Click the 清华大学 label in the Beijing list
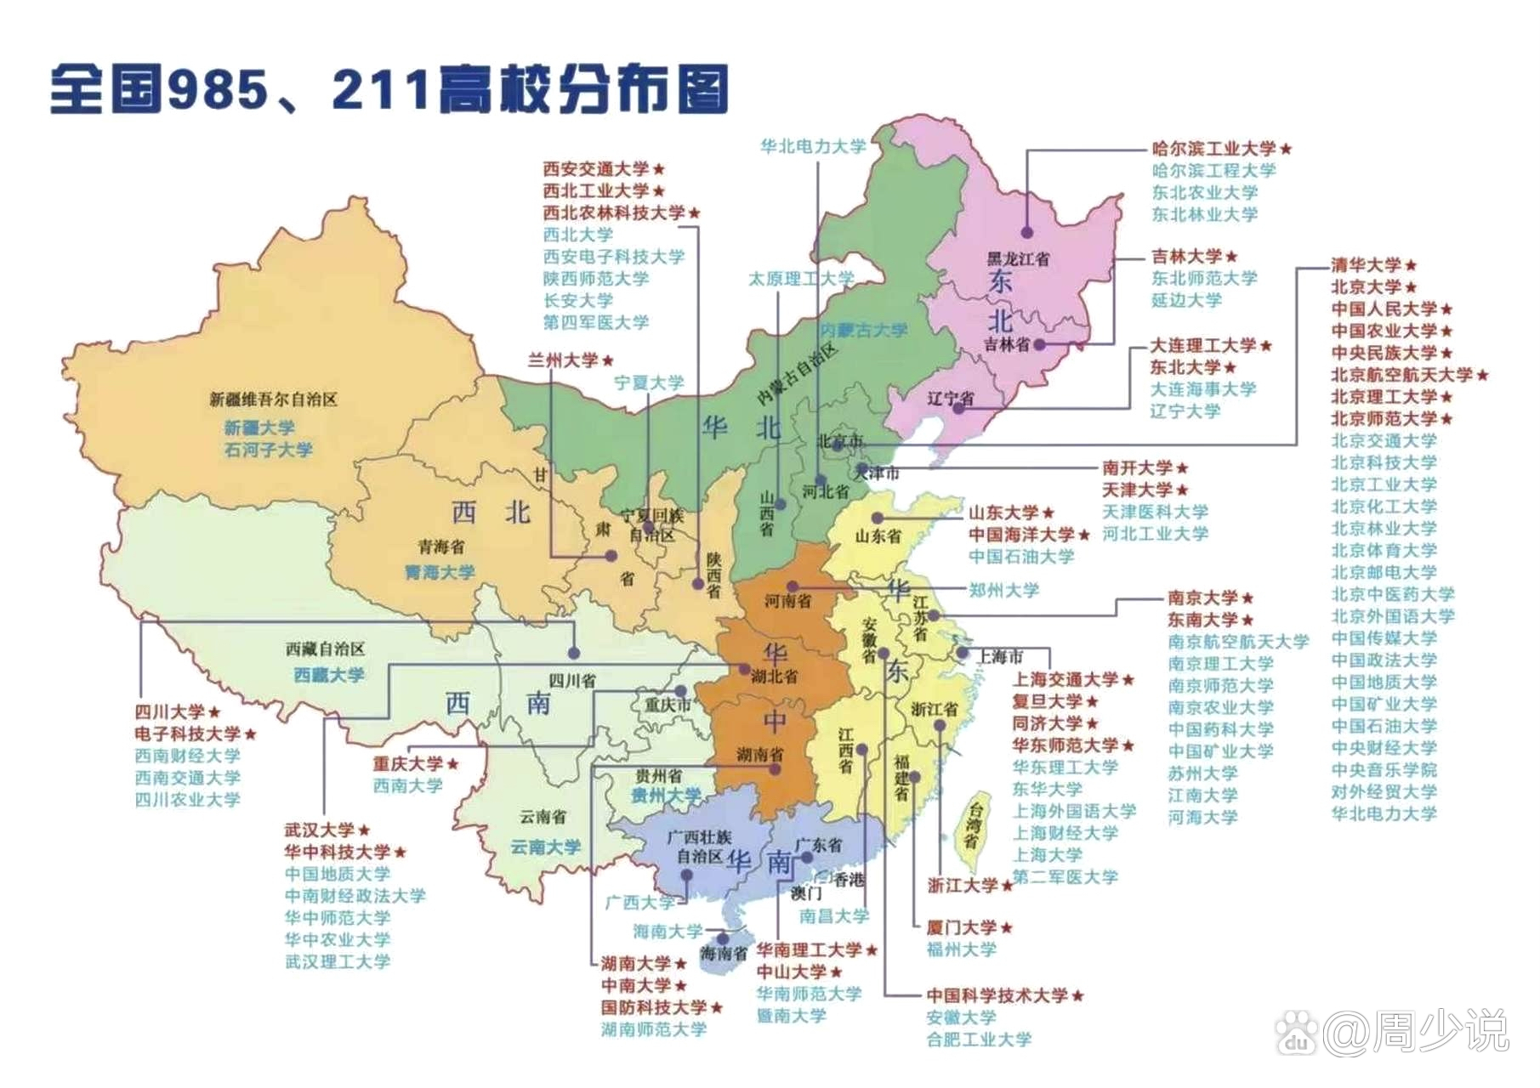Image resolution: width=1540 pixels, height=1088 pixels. tap(1365, 265)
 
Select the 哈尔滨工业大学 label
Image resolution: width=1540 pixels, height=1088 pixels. tap(1213, 149)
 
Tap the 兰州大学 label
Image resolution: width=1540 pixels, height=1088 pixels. tap(562, 360)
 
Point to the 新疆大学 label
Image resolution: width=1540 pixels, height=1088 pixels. tap(259, 428)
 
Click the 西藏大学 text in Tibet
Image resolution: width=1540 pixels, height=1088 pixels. tap(329, 675)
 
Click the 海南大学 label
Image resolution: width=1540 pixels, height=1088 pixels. tap(668, 932)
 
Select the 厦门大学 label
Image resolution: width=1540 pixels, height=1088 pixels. tap(961, 928)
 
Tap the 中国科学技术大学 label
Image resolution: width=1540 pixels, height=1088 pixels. tap(997, 995)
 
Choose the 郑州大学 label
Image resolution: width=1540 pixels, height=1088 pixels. tap(1003, 590)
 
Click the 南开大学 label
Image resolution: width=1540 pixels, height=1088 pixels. tap(1137, 468)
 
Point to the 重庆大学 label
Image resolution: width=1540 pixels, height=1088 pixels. tap(408, 764)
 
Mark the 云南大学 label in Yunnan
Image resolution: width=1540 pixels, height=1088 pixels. tap(545, 847)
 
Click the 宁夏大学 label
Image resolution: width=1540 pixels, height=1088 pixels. tap(649, 383)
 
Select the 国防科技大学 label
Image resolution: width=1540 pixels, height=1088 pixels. tap(653, 1008)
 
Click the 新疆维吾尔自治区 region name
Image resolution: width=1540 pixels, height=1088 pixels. tap(274, 399)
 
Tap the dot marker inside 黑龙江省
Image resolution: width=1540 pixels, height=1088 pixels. tap(1027, 232)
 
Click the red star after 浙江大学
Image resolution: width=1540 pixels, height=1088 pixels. tap(1007, 886)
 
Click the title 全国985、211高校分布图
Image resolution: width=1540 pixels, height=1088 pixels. tap(389, 89)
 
